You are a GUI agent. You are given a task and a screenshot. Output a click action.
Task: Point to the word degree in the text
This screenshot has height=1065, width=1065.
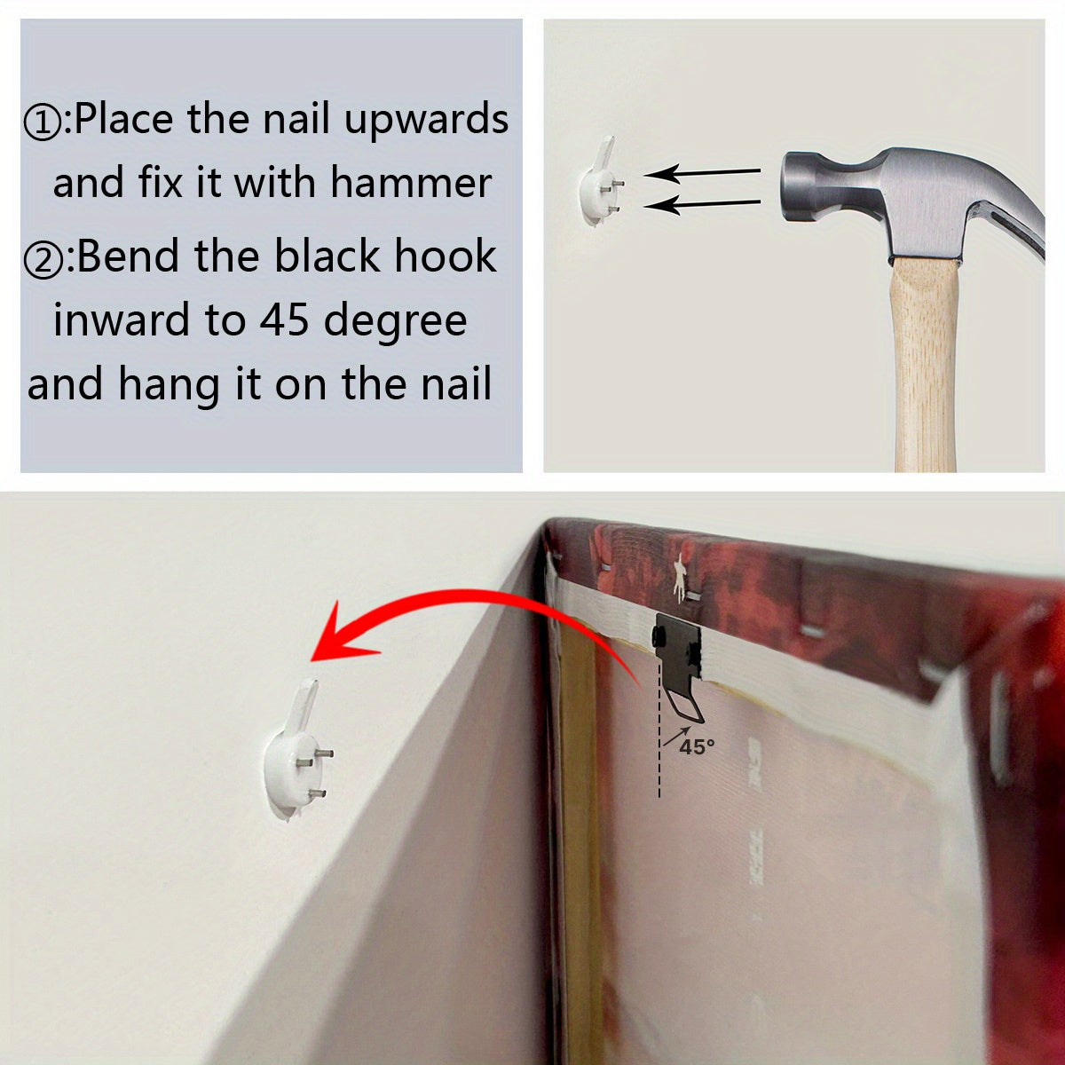coord(395,321)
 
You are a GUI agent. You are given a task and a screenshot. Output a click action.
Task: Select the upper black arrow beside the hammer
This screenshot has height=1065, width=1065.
coord(701,171)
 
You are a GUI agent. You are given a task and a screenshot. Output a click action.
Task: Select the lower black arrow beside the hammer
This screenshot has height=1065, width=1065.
coord(701,205)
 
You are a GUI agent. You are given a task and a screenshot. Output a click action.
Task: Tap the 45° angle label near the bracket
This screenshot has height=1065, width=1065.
coord(697,747)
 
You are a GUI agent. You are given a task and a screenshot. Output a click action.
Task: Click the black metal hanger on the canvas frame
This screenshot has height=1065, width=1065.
coord(679,657)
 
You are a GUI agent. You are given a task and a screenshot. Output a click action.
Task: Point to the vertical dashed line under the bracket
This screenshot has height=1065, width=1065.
coord(659,754)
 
